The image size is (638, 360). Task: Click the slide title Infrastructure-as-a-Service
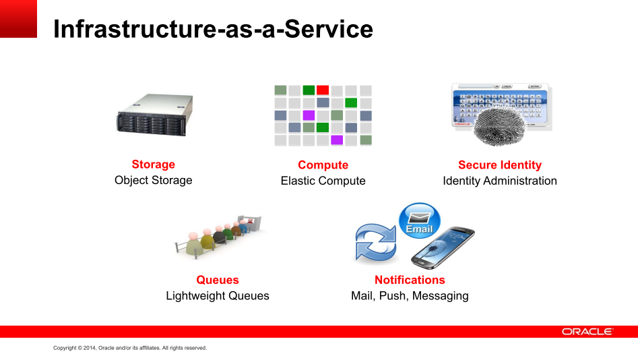pyautogui.click(x=213, y=29)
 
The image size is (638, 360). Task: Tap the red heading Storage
pyautogui.click(x=154, y=164)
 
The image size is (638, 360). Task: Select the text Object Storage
pyautogui.click(x=154, y=180)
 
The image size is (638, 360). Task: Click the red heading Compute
pyautogui.click(x=323, y=165)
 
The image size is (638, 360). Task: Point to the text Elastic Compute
pyautogui.click(x=323, y=181)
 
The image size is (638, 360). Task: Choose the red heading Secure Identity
pyautogui.click(x=500, y=165)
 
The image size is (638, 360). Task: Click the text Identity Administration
pyautogui.click(x=500, y=181)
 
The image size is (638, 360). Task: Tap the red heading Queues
pyautogui.click(x=218, y=280)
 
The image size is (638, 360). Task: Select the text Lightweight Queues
pyautogui.click(x=218, y=296)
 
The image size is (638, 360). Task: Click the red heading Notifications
pyautogui.click(x=410, y=280)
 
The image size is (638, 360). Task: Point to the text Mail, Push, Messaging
pyautogui.click(x=410, y=296)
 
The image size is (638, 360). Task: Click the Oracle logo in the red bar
pyautogui.click(x=587, y=332)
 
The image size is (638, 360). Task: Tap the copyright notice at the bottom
pyautogui.click(x=130, y=348)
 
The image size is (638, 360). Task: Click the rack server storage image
pyautogui.click(x=155, y=115)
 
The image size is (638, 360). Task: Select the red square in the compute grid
pyautogui.click(x=323, y=90)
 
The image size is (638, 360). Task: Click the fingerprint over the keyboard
pyautogui.click(x=500, y=126)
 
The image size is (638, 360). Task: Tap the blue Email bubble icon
pyautogui.click(x=420, y=220)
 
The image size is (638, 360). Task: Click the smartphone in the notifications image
pyautogui.click(x=443, y=247)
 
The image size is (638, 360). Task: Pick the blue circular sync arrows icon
pyautogui.click(x=375, y=242)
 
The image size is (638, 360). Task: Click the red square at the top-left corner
pyautogui.click(x=18, y=19)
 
